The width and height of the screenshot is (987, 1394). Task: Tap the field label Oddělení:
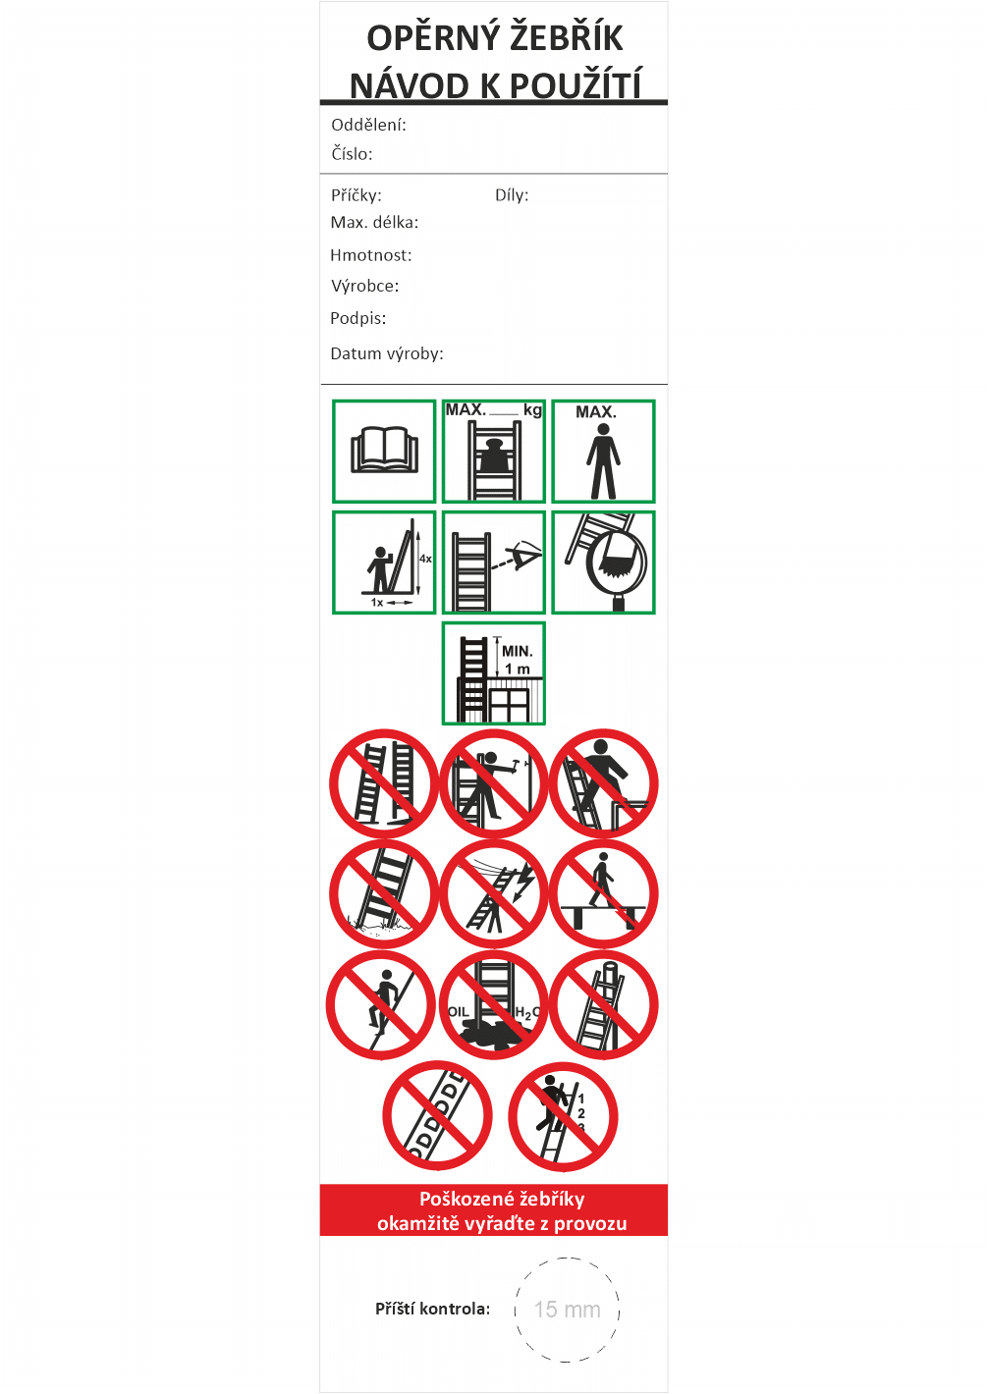pyautogui.click(x=368, y=125)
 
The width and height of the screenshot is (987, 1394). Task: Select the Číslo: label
pyautogui.click(x=352, y=153)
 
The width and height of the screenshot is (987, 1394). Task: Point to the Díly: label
pyautogui.click(x=512, y=195)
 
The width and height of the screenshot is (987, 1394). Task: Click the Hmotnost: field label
pyautogui.click(x=371, y=255)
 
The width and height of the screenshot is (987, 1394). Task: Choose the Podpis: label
pyautogui.click(x=358, y=318)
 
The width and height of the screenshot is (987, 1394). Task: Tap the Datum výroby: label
pyautogui.click(x=387, y=353)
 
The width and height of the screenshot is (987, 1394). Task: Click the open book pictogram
pyautogui.click(x=384, y=450)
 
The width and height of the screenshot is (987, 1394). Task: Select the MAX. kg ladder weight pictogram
pyautogui.click(x=494, y=452)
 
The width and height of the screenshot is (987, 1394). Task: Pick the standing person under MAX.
pyautogui.click(x=603, y=460)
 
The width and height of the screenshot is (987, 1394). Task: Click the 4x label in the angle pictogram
pyautogui.click(x=425, y=559)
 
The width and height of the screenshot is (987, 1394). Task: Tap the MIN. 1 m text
pyautogui.click(x=518, y=660)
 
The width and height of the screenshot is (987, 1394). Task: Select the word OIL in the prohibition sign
pyautogui.click(x=459, y=1011)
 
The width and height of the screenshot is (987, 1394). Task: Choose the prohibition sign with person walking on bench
pyautogui.click(x=603, y=893)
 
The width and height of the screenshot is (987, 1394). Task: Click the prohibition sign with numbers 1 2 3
pyautogui.click(x=563, y=1116)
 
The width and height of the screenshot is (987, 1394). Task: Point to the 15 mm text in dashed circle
pyautogui.click(x=568, y=1310)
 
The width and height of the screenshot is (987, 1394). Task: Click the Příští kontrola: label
pyautogui.click(x=433, y=1309)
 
